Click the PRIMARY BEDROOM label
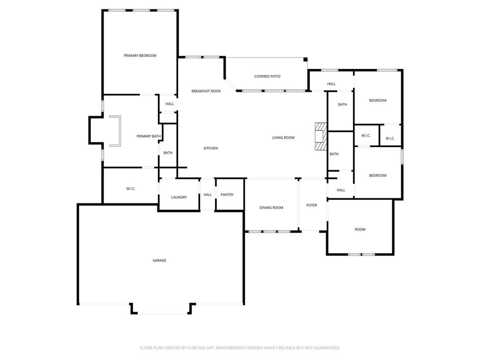click(140, 56)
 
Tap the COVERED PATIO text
click(267, 76)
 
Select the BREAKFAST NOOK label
click(206, 91)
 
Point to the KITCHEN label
click(211, 149)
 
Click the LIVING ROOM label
click(283, 138)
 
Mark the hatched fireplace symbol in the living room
click(321, 136)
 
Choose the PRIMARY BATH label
click(149, 136)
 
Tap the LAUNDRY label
click(179, 197)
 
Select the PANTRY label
click(227, 195)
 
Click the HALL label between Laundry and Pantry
click(208, 195)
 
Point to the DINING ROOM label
click(271, 208)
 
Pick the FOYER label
click(312, 205)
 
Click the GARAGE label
click(159, 261)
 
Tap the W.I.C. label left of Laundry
click(131, 189)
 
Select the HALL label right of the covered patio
click(331, 84)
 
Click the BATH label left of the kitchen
click(168, 153)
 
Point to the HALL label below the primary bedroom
click(170, 104)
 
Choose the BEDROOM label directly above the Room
click(378, 176)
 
